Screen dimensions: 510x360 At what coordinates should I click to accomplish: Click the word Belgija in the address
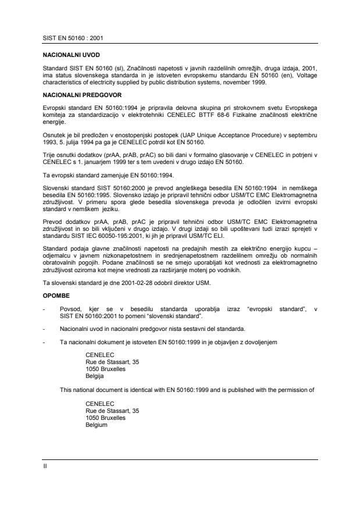coord(95,376)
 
